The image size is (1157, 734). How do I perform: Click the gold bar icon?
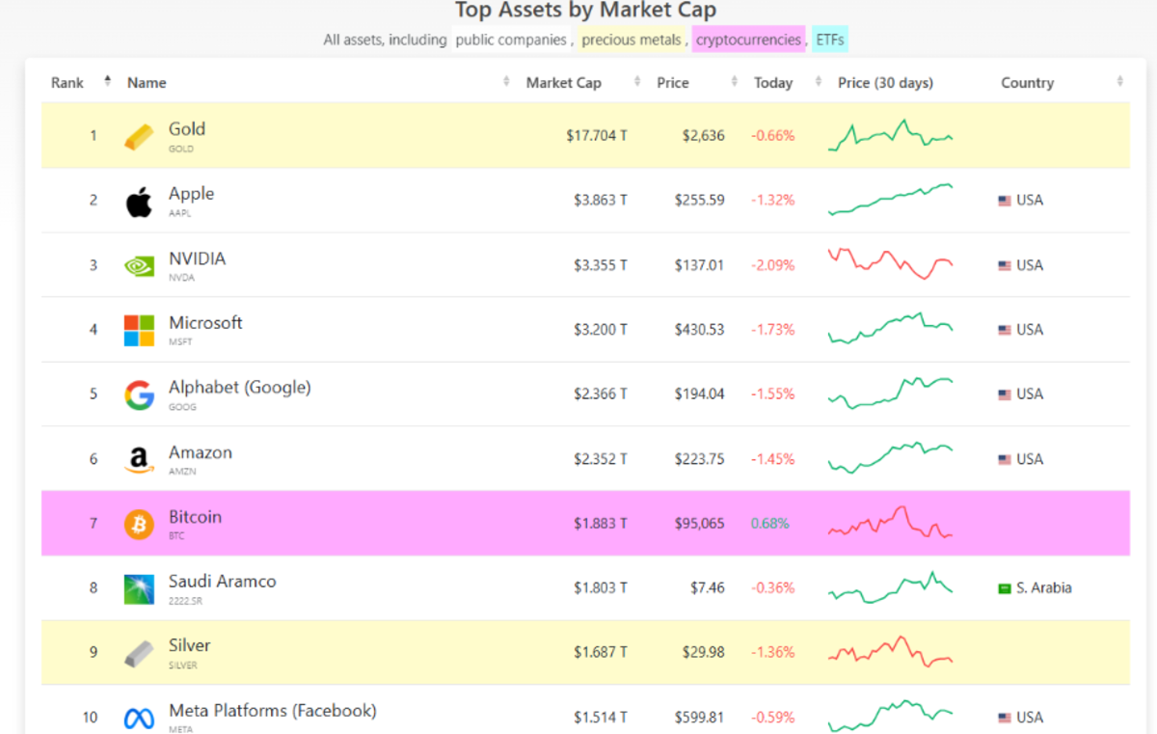[x=139, y=137]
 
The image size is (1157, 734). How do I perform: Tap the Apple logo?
[x=139, y=202]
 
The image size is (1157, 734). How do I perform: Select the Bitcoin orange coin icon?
[x=139, y=525]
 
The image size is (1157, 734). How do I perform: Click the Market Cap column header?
[x=563, y=83]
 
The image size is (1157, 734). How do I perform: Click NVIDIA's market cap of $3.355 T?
[x=600, y=265]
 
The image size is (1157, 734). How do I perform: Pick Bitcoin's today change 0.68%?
[x=769, y=524]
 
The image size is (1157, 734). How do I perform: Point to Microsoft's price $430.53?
[x=699, y=330]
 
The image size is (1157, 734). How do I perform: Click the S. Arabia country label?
[x=1043, y=588]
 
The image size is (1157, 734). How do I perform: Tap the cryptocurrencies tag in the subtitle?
[x=748, y=40]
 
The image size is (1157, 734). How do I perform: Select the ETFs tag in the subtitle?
[x=829, y=40]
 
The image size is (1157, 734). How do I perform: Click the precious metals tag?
[x=631, y=40]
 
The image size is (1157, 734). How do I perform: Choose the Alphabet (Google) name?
[x=239, y=388]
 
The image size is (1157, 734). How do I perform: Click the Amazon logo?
[x=139, y=460]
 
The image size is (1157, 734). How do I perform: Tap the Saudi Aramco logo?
[x=139, y=589]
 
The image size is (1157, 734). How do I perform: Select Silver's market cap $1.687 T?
[x=600, y=653]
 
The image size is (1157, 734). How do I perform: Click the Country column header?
[x=1027, y=83]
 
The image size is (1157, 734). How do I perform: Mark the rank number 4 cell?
[x=94, y=330]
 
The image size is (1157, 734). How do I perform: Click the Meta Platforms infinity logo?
[x=139, y=719]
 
